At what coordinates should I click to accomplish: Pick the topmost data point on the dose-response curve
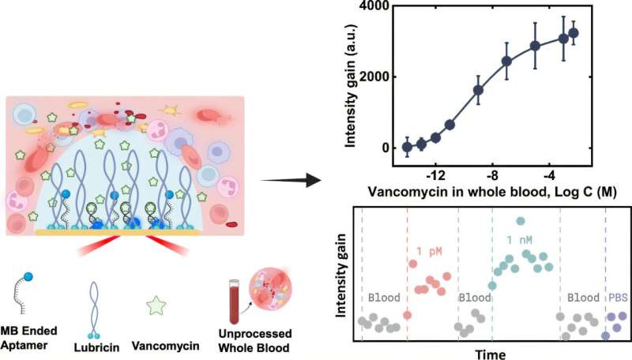pyautogui.click(x=574, y=32)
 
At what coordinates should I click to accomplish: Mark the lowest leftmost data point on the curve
pyautogui.click(x=407, y=147)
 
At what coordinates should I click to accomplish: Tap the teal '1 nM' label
pyautogui.click(x=522, y=240)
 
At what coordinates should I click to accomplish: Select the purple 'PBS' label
pyautogui.click(x=616, y=298)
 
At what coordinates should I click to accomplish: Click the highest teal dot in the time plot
pyautogui.click(x=520, y=221)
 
